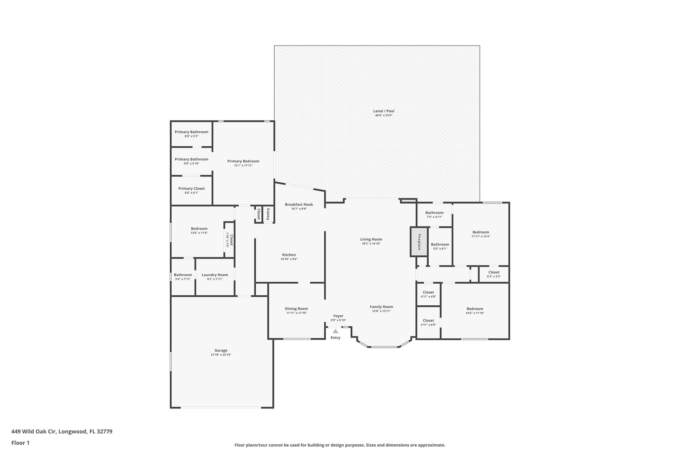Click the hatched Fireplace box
click(x=419, y=242)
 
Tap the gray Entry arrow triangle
click(x=335, y=331)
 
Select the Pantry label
click(x=268, y=214)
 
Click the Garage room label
click(x=221, y=350)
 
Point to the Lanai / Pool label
click(x=383, y=111)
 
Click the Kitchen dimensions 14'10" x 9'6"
click(x=289, y=259)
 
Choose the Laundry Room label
click(x=215, y=275)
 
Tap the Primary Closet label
click(x=191, y=189)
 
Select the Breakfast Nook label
click(x=299, y=205)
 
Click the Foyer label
click(x=338, y=316)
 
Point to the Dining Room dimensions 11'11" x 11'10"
click(x=296, y=313)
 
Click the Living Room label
click(x=371, y=239)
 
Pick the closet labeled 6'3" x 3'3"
click(x=494, y=274)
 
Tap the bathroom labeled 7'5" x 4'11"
click(x=434, y=215)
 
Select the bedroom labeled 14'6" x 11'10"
click(x=475, y=311)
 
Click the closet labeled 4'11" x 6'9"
click(x=428, y=322)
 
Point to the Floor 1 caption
click(x=20, y=443)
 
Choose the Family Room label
click(x=381, y=307)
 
